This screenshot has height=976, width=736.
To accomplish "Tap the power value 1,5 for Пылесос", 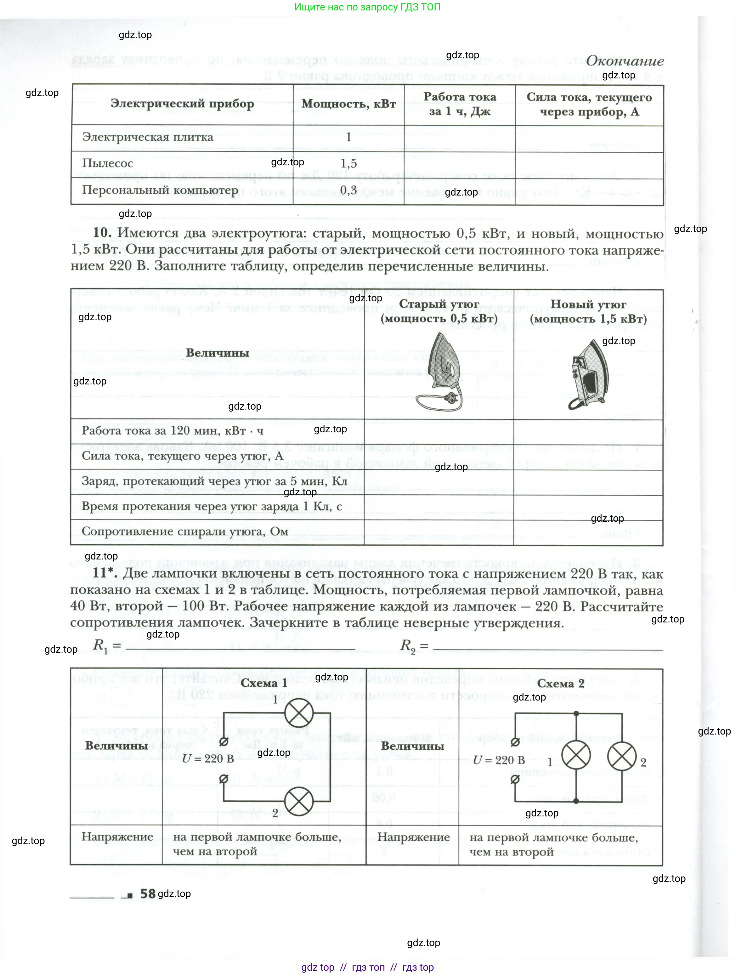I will [348, 164].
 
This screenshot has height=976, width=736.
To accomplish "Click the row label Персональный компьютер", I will [160, 190].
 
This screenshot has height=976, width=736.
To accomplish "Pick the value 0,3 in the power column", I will [348, 190].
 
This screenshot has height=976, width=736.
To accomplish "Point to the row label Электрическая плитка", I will [147, 137].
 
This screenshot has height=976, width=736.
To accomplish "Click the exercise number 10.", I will [102, 233].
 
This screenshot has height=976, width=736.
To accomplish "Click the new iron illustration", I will [589, 374].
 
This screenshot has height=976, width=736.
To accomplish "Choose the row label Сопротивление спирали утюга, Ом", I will [184, 531].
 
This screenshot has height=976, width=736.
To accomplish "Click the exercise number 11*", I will [105, 572].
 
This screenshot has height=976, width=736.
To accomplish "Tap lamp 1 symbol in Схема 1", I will [299, 712].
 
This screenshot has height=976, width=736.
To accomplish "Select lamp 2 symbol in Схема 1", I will [299, 801].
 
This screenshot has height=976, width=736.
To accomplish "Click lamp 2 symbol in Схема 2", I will [622, 756].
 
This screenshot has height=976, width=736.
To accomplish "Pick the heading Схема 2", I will [560, 684].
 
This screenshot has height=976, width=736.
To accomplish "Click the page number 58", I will [148, 894].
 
